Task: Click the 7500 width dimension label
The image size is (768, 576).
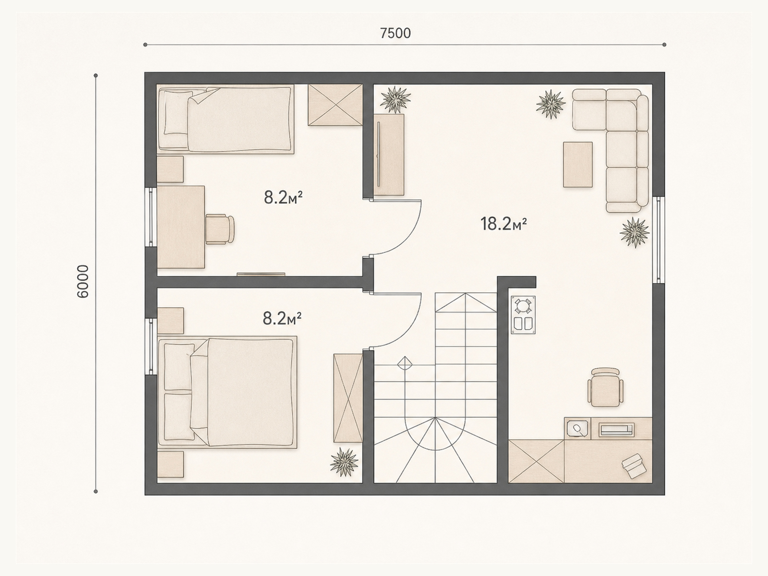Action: (396, 33)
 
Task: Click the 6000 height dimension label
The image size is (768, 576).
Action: (83, 281)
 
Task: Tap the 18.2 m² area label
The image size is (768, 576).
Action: (504, 224)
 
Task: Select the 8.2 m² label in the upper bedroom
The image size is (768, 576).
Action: (283, 198)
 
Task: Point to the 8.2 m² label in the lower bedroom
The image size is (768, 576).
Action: (282, 319)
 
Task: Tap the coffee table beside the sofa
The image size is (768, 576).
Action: (577, 164)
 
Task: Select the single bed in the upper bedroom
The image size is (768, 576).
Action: (225, 119)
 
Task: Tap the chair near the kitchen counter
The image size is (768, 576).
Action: (605, 387)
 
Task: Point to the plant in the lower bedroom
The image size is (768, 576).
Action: (344, 462)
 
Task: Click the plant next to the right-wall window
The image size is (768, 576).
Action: (635, 233)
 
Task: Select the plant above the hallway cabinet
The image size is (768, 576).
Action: (396, 100)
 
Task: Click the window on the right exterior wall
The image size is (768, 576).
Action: (659, 240)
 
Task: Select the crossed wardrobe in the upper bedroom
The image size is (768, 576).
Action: (335, 105)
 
